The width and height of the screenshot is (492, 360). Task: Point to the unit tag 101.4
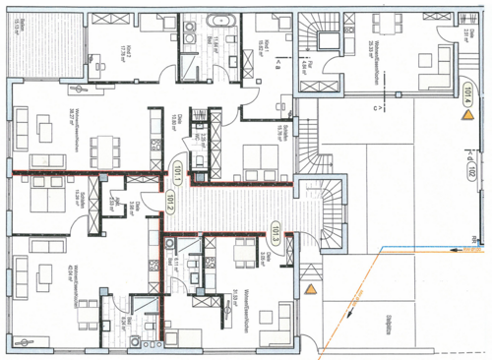(x=466, y=95)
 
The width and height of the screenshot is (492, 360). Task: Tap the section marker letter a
(x=278, y=65)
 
